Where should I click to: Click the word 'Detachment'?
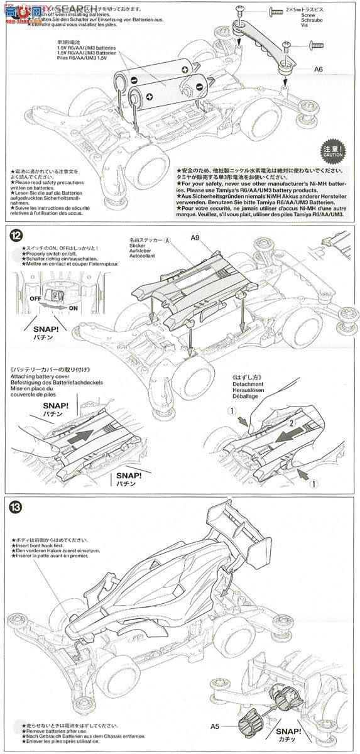247,382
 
